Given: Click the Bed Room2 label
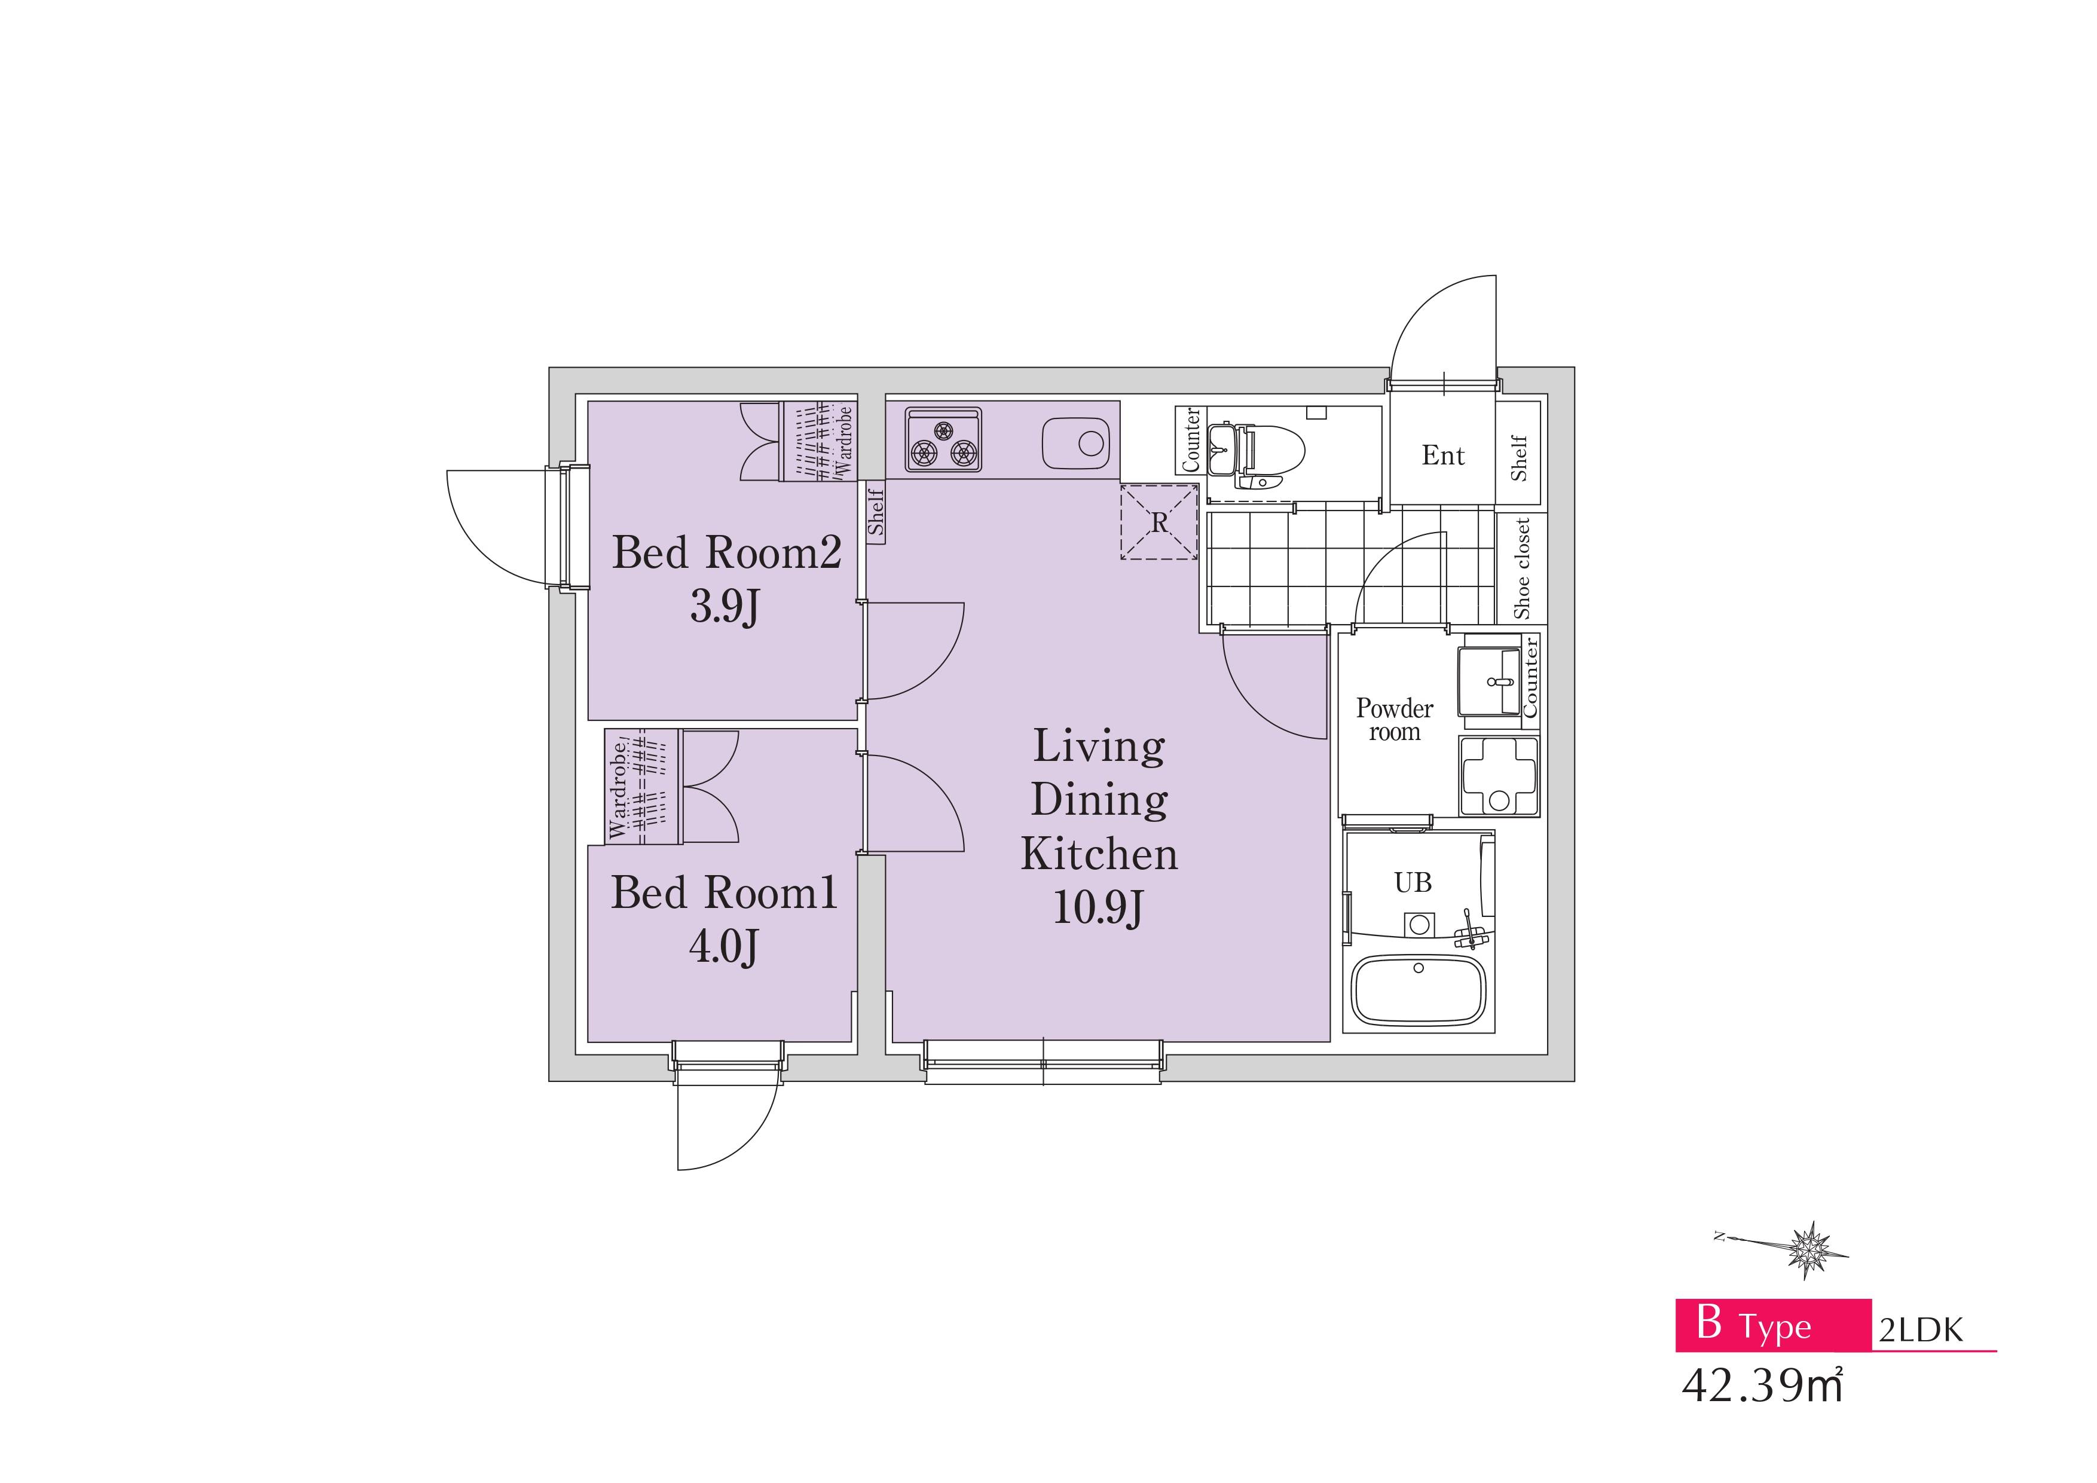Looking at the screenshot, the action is click(726, 552).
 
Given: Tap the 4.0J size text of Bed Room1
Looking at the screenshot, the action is click(723, 946).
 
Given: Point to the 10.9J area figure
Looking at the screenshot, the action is click(1099, 908).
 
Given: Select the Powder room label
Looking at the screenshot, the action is click(1395, 720).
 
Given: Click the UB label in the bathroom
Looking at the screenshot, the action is click(1413, 882).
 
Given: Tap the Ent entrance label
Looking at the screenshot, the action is click(1443, 455).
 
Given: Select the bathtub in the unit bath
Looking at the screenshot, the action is click(1419, 991).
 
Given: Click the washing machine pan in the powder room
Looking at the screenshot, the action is click(1499, 775).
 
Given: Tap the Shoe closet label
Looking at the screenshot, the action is click(1521, 568).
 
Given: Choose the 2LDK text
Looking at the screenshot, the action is click(1921, 1329).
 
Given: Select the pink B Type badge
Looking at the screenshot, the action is click(1773, 1325).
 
